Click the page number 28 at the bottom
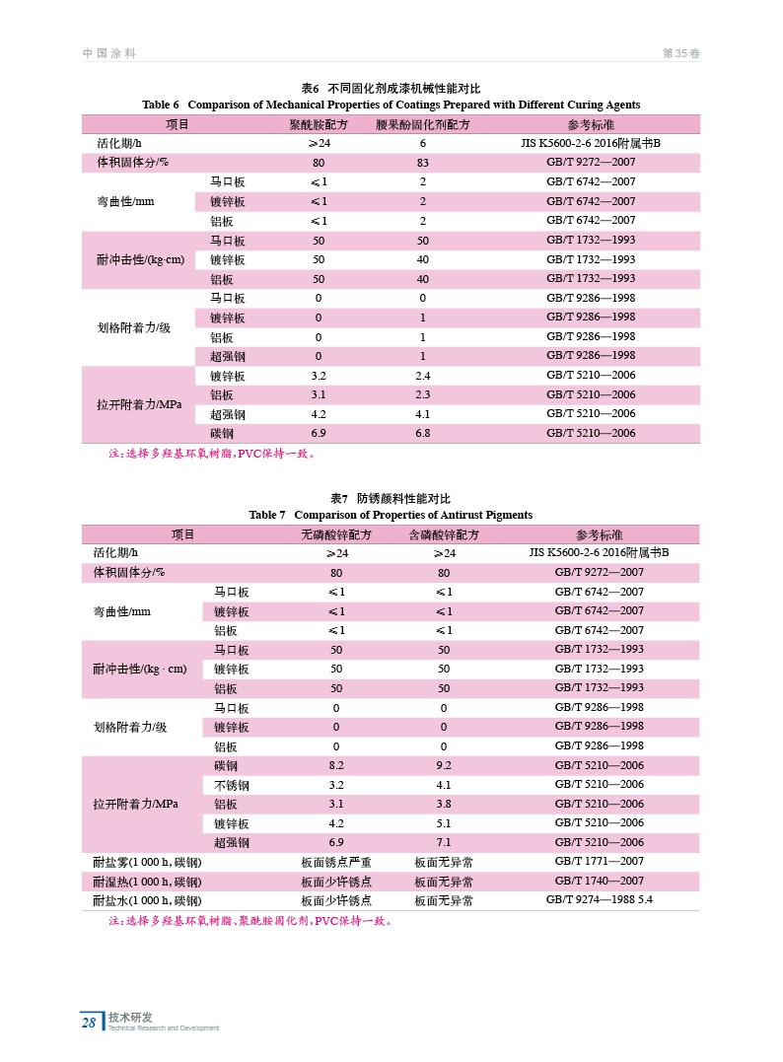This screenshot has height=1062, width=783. [x=89, y=1023]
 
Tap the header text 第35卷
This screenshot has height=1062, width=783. [x=680, y=53]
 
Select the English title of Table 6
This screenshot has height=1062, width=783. [x=391, y=105]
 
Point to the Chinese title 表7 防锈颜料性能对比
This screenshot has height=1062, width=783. [x=391, y=499]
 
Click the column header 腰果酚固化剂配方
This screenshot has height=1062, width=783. [x=423, y=125]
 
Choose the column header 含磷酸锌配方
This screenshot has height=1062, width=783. [x=444, y=534]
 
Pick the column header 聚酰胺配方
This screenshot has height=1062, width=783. [x=319, y=125]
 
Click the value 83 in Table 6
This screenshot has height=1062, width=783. [x=423, y=163]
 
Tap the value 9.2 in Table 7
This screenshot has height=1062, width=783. [x=444, y=765]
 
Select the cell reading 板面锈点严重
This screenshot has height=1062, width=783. [x=336, y=862]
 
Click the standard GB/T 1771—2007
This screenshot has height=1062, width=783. [x=600, y=861]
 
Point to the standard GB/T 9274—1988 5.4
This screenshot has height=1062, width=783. [x=600, y=899]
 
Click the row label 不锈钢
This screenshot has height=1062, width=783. [x=232, y=785]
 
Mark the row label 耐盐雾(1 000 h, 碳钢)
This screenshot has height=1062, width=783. [x=147, y=862]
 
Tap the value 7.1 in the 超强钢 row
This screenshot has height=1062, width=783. [x=444, y=842]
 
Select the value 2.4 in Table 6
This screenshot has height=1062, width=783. [x=423, y=376]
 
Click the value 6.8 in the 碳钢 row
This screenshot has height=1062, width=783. [x=423, y=433]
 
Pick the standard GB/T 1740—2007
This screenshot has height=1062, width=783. [x=600, y=881]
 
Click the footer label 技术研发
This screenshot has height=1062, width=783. [x=130, y=1017]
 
